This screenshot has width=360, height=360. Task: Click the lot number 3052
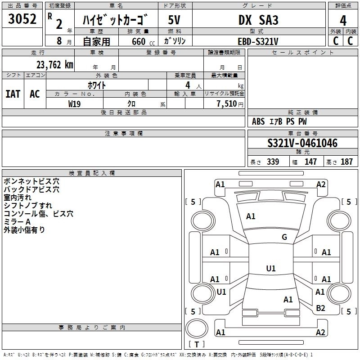coord(22,20)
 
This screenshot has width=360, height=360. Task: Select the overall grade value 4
coord(343,20)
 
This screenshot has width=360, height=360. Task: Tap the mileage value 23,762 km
coord(54,64)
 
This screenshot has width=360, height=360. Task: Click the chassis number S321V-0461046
coord(302,144)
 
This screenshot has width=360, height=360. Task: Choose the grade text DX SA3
coord(258,20)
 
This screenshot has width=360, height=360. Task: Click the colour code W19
coord(75,103)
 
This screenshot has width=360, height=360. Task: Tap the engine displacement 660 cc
coord(138,41)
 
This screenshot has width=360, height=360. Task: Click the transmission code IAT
coord(13,94)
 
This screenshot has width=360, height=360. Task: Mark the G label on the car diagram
coord(284,237)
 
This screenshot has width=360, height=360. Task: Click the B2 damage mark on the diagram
coord(320,308)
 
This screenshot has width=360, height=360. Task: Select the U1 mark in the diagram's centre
coord(270,269)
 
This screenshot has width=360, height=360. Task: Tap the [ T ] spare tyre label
coord(196,345)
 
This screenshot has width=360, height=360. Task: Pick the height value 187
coord(346,162)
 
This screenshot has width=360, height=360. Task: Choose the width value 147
coord(310,162)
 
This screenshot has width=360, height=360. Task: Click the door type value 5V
coord(175,20)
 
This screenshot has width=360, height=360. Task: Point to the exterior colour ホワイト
coord(97,85)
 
